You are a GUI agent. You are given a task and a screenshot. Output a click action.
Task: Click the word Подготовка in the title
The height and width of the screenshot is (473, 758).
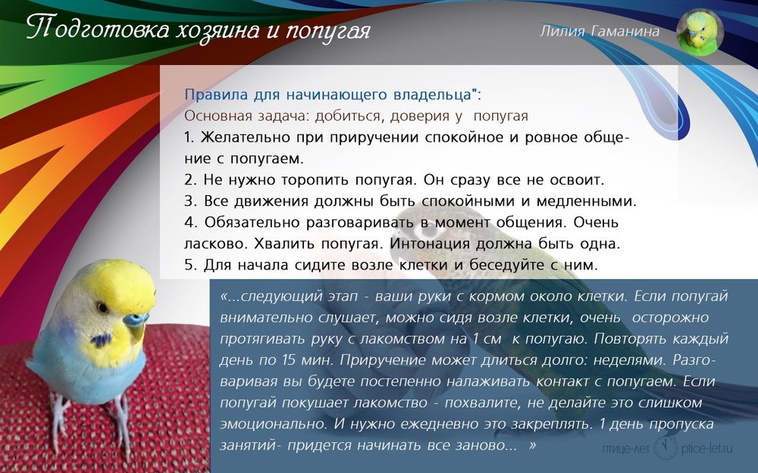point(98,30)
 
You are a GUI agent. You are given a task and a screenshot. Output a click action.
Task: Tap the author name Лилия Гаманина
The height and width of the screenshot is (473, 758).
point(600,31)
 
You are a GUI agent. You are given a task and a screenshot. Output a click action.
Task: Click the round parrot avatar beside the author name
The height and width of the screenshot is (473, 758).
point(700,33)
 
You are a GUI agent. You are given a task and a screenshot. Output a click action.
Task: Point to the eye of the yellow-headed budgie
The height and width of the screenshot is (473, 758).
point(102,307)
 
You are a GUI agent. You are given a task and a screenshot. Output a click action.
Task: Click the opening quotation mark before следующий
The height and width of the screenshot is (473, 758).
point(224,295)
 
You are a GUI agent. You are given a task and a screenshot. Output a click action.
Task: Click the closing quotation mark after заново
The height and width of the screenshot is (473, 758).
point(532,444)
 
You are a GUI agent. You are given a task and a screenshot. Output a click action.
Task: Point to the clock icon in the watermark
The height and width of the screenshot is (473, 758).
point(666,447)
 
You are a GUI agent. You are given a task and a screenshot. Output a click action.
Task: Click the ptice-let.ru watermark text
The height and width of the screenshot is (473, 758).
point(706,448)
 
